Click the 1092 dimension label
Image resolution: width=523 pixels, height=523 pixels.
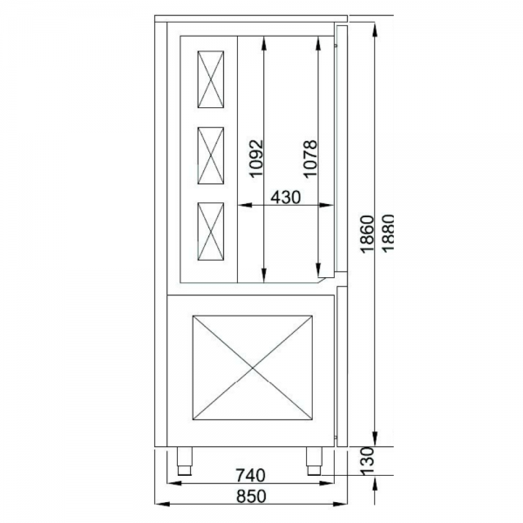pyautogui.click(x=256, y=159)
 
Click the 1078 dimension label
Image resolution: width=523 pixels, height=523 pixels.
pyautogui.click(x=309, y=160)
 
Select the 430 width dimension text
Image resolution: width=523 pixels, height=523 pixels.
pyautogui.click(x=286, y=197)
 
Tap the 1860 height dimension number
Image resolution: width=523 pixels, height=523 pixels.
pyautogui.click(x=368, y=234)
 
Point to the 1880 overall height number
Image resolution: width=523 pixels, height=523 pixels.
pyautogui.click(x=388, y=233)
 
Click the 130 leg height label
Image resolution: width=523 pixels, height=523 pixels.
pyautogui.click(x=368, y=461)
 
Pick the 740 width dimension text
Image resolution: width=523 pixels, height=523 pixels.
pyautogui.click(x=250, y=475)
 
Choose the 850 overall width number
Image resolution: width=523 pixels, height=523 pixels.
pyautogui.click(x=251, y=496)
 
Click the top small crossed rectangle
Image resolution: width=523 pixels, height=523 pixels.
pyautogui.click(x=210, y=79)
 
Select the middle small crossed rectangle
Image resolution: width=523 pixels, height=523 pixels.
pyautogui.click(x=210, y=155)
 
